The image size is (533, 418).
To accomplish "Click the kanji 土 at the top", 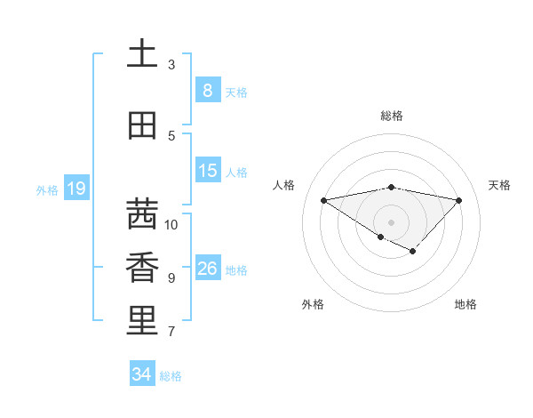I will [x=141, y=54].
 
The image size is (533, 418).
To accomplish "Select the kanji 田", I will [x=141, y=126].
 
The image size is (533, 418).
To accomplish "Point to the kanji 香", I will [x=141, y=268].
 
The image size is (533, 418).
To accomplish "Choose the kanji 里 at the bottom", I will [x=141, y=321].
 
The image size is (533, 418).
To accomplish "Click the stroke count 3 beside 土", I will [x=171, y=65].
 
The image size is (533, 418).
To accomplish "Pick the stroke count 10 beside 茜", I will [x=171, y=225].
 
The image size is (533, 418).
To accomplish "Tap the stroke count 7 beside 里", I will [x=171, y=332].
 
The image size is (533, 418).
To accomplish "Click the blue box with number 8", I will [x=207, y=91].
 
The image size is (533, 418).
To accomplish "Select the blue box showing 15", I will [x=207, y=171].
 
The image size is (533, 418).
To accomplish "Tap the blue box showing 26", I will [x=207, y=269].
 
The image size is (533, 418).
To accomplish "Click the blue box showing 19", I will [x=76, y=189].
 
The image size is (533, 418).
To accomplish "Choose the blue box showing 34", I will [x=141, y=374].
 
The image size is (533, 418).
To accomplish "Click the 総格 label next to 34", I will [x=171, y=376].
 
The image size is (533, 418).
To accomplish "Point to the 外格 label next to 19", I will [x=46, y=189].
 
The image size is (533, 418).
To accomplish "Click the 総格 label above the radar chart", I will [x=392, y=116].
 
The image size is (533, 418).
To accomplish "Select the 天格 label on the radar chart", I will [x=499, y=185].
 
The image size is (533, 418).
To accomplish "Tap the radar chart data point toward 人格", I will [x=324, y=200].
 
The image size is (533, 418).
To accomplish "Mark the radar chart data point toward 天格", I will [x=458, y=200].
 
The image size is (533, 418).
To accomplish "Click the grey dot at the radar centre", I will [x=391, y=221].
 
